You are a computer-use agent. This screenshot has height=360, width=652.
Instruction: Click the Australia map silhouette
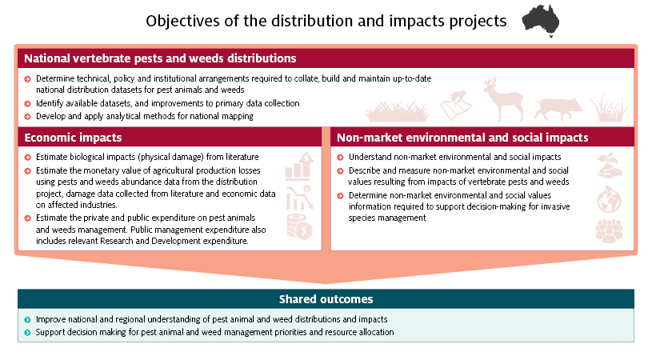click(x=541, y=20)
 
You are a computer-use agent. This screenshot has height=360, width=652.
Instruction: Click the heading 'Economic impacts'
click(x=73, y=138)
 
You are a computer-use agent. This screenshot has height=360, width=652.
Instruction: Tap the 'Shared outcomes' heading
click(x=326, y=299)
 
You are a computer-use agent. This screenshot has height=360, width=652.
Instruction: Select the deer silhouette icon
click(x=502, y=99)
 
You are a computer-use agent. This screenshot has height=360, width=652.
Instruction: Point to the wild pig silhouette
click(x=558, y=109)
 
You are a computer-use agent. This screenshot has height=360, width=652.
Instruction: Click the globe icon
click(x=609, y=199)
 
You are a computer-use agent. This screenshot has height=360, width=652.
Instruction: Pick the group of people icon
click(x=609, y=230)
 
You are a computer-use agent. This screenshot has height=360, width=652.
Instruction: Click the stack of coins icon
click(x=299, y=227)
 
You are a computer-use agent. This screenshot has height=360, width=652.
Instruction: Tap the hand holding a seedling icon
click(x=609, y=166)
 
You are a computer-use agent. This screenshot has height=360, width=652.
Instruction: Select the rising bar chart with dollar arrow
click(x=299, y=166)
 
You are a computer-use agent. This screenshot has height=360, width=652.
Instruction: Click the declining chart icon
click(x=299, y=198)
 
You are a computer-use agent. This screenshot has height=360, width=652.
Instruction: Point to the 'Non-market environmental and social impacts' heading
click(x=462, y=138)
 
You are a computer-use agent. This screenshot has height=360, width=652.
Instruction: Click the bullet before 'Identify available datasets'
click(x=27, y=104)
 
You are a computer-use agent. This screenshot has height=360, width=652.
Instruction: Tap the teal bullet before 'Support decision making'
click(x=27, y=333)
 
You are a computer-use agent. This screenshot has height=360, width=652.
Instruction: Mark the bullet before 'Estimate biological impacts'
click(x=27, y=158)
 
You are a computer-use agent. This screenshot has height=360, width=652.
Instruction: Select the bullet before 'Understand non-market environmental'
click(x=340, y=158)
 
